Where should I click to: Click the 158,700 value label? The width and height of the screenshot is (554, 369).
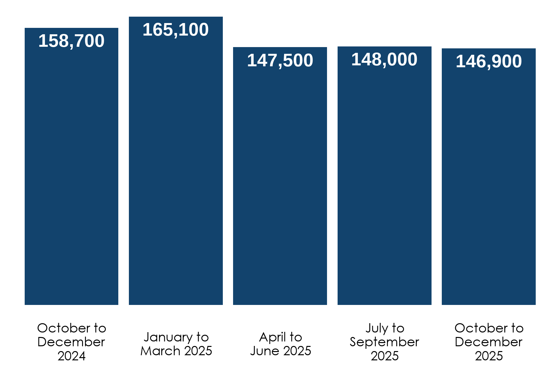tap(71, 41)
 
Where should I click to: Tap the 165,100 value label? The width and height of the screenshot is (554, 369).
tap(175, 30)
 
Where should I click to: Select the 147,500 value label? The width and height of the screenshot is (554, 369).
tap(280, 61)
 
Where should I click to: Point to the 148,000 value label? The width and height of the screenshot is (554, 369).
tap(384, 60)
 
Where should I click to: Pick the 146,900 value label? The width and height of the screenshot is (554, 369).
tap(489, 61)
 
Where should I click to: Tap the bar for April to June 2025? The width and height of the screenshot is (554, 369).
tap(280, 186)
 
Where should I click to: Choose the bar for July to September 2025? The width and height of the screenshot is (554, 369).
tap(384, 186)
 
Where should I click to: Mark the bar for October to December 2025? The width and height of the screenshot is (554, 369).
tap(489, 186)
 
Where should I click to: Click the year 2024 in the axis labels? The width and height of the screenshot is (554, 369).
tap(71, 356)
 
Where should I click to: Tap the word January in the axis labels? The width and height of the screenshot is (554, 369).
tap(168, 337)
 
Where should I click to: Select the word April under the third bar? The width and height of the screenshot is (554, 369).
tap(273, 337)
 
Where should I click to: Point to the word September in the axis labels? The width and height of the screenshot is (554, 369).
tap(384, 342)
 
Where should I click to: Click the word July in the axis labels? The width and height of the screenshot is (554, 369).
tap(377, 328)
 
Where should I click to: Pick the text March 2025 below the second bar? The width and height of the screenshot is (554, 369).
tap(176, 351)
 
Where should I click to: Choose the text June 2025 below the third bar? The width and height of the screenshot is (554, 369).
tap(281, 351)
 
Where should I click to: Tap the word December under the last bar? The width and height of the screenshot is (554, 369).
tap(489, 342)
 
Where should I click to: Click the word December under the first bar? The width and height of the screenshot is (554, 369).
tap(71, 342)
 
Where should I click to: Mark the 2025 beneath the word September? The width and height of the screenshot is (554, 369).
tap(384, 356)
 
